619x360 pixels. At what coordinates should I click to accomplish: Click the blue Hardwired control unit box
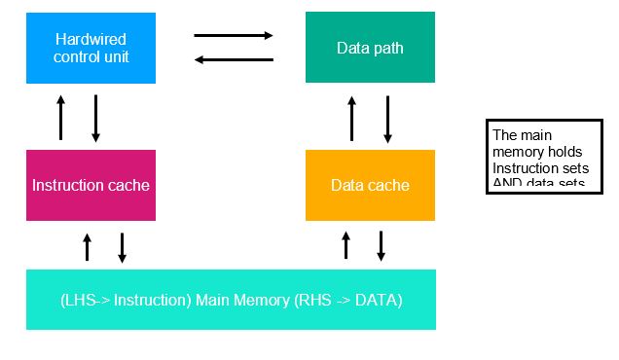click(x=91, y=48)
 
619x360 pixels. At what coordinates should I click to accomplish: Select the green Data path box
click(x=370, y=48)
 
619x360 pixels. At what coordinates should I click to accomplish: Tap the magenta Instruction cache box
click(x=91, y=185)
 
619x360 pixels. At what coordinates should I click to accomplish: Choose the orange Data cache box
click(x=370, y=185)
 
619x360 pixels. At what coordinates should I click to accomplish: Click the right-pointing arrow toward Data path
click(x=234, y=36)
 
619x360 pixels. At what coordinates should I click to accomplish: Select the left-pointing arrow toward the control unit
click(x=234, y=59)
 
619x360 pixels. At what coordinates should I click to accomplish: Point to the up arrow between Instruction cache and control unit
click(x=60, y=118)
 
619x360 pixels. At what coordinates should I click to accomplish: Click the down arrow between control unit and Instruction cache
click(x=95, y=118)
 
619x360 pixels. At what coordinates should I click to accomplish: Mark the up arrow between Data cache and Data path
click(x=352, y=118)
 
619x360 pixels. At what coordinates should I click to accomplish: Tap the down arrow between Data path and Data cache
click(x=387, y=118)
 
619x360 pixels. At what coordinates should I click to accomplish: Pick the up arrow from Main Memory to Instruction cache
click(x=87, y=247)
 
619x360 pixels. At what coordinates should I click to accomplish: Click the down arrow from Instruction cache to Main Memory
click(x=122, y=247)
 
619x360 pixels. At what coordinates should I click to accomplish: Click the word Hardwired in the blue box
click(x=91, y=39)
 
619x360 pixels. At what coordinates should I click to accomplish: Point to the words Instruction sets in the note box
click(x=536, y=167)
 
